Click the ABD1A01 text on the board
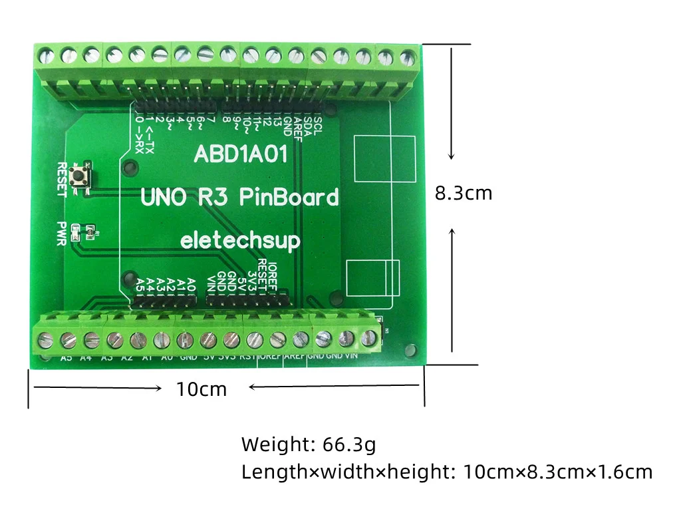pos(240,155)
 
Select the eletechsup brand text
pos(240,240)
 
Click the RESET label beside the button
pos(62,179)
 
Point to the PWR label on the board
pos(62,234)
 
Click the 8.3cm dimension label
pos(464,193)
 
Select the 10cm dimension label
pos(202,389)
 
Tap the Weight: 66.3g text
pos(309,443)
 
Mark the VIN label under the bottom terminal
pos(352,356)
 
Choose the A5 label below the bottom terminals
pos(67,359)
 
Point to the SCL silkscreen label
pos(318,125)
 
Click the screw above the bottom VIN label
pos(366,339)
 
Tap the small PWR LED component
pos(75,233)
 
